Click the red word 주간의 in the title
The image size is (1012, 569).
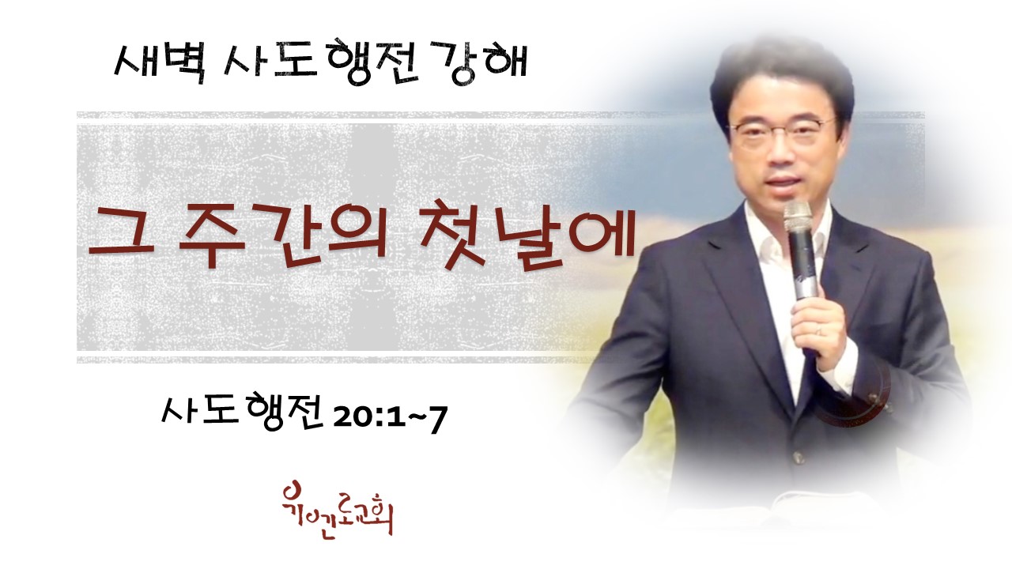click(x=282, y=238)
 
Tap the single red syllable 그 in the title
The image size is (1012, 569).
click(x=119, y=232)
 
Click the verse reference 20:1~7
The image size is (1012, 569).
click(x=390, y=420)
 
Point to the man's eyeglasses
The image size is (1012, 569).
click(x=782, y=131)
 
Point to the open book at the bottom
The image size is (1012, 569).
click(x=809, y=503)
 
